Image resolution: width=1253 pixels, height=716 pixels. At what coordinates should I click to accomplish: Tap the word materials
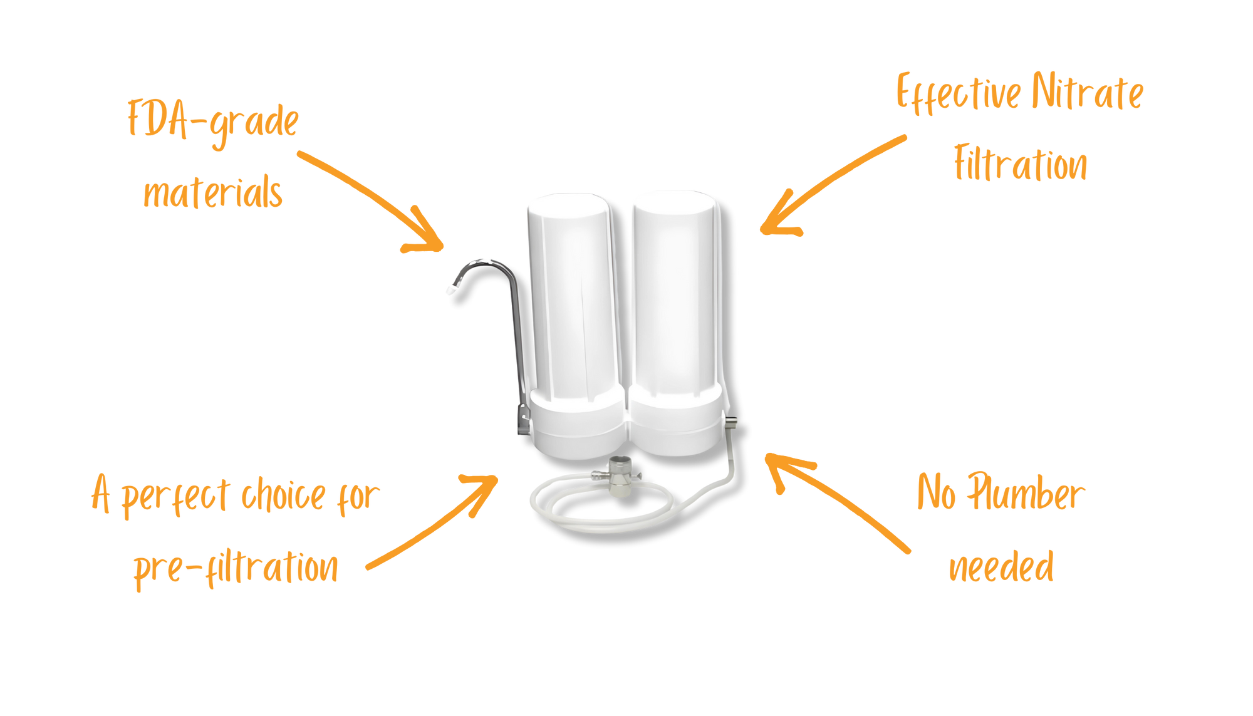coord(213,192)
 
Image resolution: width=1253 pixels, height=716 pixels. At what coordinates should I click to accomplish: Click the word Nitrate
coord(1088,93)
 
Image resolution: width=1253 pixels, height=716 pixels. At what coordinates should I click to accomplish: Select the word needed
coord(1001,567)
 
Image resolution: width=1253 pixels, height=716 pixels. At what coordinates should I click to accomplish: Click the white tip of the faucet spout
coord(450,289)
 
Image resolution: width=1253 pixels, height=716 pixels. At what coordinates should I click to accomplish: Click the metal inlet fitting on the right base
coord(730,423)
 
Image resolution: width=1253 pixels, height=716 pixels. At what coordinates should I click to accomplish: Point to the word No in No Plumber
coord(937,492)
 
